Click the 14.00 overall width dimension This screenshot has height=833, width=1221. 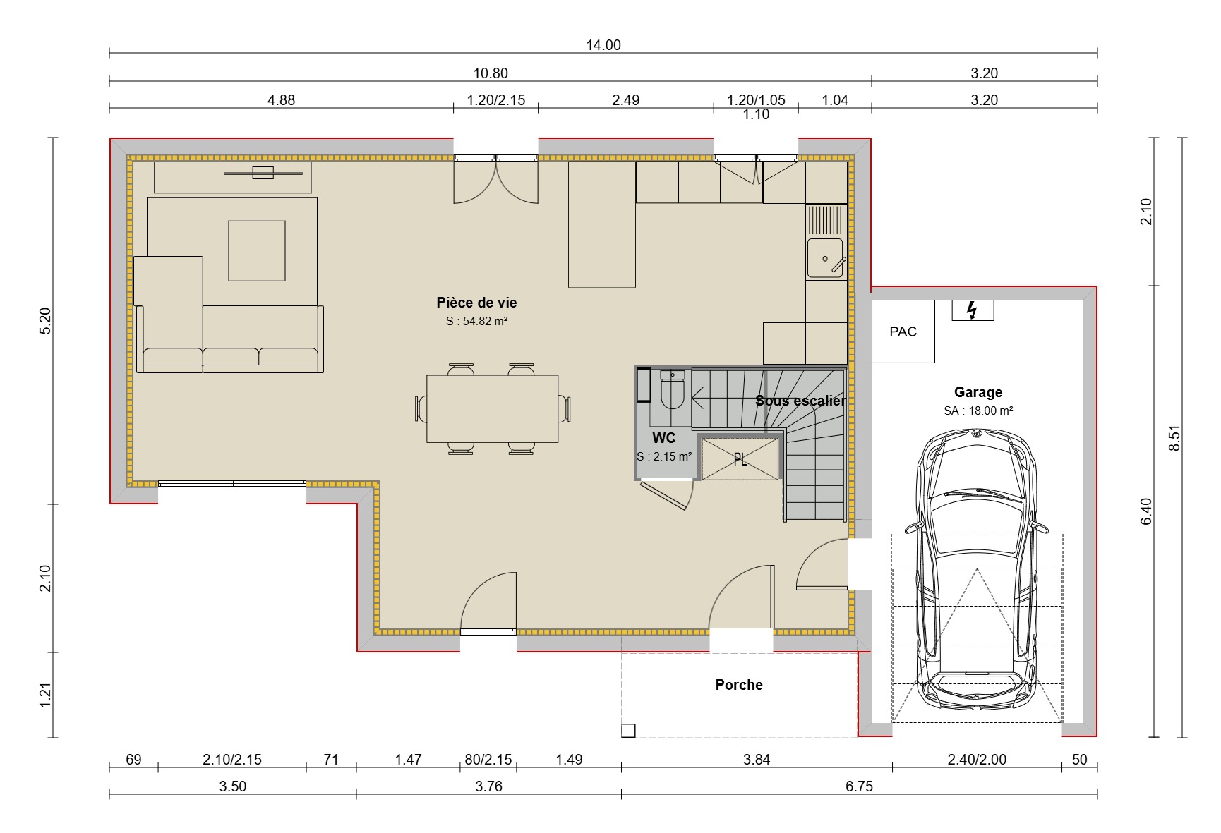point(603,45)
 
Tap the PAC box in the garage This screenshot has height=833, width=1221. point(903,332)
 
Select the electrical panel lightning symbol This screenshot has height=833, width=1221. point(972,310)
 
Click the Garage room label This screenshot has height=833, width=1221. point(978,392)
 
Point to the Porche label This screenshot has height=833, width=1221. point(738,685)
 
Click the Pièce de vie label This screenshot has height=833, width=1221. point(476,303)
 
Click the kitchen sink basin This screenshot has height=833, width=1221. point(825,258)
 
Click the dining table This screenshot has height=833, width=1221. point(492,408)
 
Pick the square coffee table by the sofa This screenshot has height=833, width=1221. point(257,250)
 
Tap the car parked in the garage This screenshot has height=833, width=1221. point(977,571)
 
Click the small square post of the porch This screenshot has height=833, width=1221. point(628,731)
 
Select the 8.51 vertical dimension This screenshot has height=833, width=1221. point(1174,437)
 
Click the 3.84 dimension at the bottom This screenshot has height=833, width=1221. point(756,760)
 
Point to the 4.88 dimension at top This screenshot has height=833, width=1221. point(281,100)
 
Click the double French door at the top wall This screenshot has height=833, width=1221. point(495,181)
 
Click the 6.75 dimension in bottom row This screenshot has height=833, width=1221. point(859,786)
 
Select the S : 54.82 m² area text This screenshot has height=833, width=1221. point(476,322)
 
